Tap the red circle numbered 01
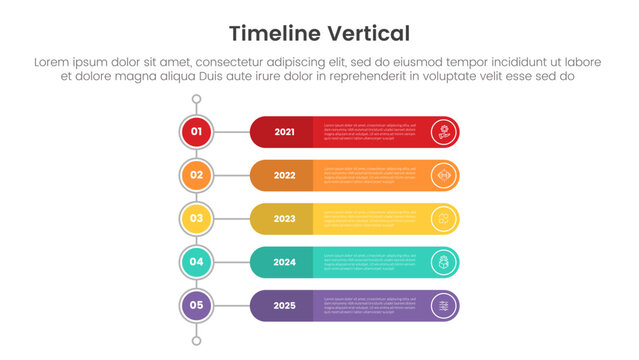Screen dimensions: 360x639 [196, 131]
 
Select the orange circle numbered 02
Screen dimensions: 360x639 [196, 175]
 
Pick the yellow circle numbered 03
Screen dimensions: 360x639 [196, 218]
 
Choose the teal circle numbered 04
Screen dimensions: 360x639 [196, 262]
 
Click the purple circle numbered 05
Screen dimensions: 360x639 [196, 305]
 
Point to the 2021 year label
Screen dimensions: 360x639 [285, 132]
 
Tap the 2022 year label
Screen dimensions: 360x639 [285, 175]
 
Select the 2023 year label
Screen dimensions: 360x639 [285, 219]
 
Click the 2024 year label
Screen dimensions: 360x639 [285, 262]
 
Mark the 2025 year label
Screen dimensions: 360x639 [285, 305]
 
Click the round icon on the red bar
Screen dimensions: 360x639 [443, 132]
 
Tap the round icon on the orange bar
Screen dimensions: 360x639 [443, 175]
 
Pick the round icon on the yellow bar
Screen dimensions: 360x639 [443, 219]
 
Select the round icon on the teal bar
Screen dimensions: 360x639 [443, 262]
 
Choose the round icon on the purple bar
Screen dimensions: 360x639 [443, 305]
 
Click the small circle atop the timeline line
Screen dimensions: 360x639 [196, 100]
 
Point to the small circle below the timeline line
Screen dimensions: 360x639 [196, 341]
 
